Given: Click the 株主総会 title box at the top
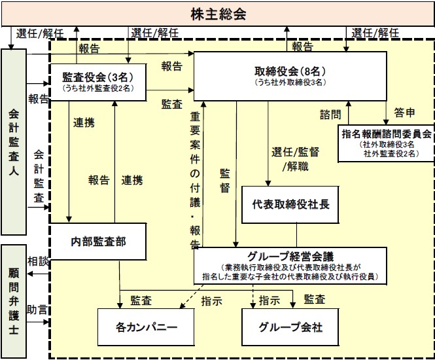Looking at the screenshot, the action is tap(218, 14).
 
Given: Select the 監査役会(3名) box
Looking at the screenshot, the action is tap(98, 82).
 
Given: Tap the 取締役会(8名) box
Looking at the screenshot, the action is tap(290, 76).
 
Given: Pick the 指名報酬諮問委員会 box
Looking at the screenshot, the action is tap(386, 143).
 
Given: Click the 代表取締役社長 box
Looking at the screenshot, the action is tap(290, 205).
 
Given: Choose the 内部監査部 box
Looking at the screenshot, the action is tap(98, 242).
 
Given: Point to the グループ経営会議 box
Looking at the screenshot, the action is tap(290, 266).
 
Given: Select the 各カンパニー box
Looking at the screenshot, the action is tap(146, 327).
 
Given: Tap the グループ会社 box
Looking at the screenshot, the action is tap(290, 327).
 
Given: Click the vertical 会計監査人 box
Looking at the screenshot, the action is tap(14, 142).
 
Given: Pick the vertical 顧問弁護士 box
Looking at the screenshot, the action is tap(14, 302).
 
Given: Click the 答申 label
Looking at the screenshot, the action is tap(404, 113).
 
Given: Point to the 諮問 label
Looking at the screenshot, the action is tap(330, 115).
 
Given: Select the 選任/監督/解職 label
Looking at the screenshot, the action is tap(296, 159).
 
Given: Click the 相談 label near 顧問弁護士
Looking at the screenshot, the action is tap(38, 261).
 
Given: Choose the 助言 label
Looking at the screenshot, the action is tap(37, 310).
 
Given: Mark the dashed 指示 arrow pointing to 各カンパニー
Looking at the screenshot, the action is tap(192, 297).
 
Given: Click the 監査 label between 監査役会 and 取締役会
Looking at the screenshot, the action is tap(172, 104).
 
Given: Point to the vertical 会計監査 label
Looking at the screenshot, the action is tap(39, 177).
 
